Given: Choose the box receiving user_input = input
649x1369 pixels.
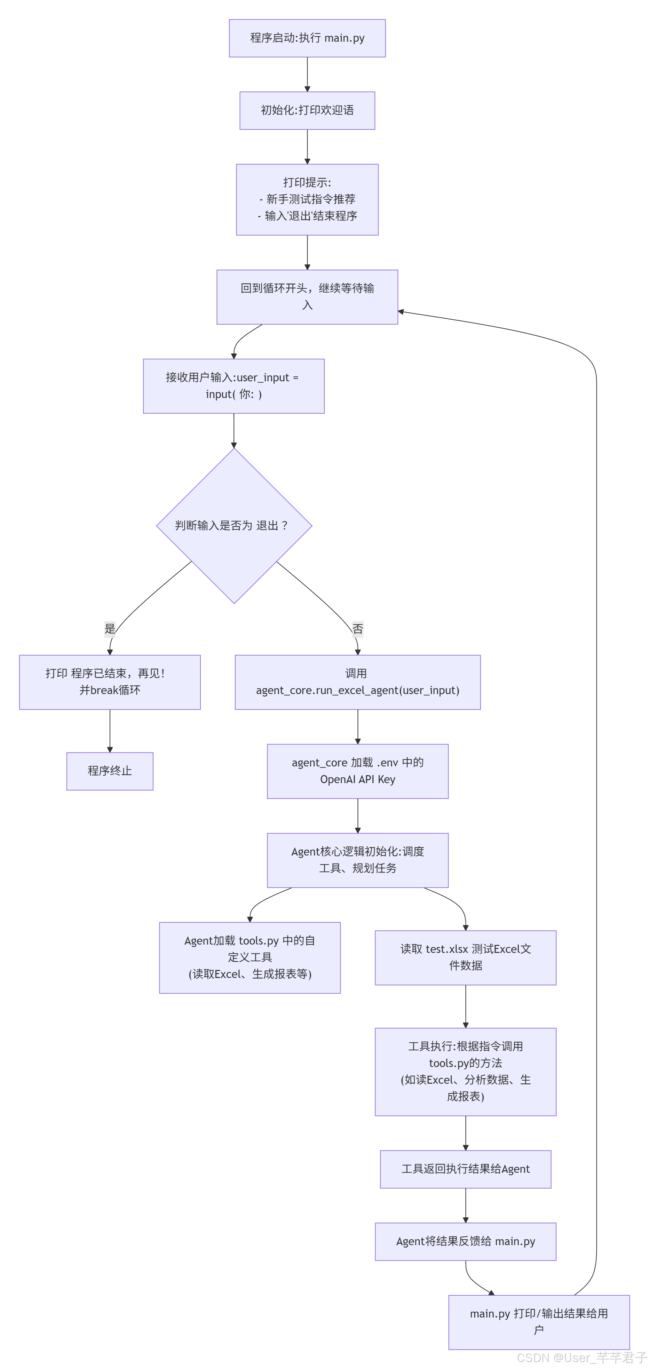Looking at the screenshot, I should tap(234, 386).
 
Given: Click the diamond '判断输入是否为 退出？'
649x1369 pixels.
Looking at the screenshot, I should tap(234, 526).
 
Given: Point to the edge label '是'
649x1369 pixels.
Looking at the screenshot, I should tap(110, 629).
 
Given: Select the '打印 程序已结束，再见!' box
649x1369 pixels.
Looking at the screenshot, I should tap(110, 682).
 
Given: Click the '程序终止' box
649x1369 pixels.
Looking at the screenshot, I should tap(110, 771).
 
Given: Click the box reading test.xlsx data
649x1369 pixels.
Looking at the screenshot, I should tap(465, 957).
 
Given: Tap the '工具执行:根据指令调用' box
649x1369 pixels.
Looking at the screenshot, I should tap(465, 1072).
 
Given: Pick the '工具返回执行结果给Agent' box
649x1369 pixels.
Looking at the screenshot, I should tap(465, 1169).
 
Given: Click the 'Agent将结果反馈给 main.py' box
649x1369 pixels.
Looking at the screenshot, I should tap(465, 1241).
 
